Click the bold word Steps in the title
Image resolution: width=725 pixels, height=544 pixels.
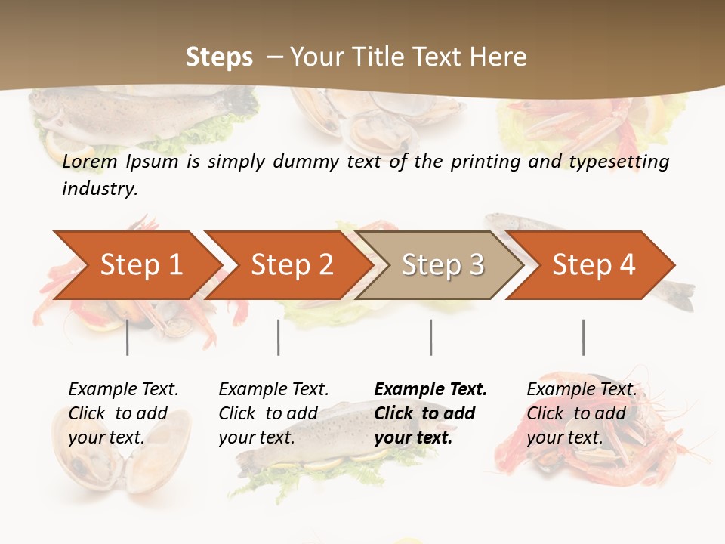click(x=219, y=57)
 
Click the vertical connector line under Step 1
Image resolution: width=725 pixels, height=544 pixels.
click(x=127, y=337)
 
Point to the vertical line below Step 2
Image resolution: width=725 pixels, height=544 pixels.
click(x=279, y=337)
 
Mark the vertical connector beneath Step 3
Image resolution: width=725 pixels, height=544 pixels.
click(x=430, y=337)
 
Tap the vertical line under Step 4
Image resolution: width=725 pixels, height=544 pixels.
click(x=583, y=337)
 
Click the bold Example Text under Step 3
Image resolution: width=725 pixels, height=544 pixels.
click(x=430, y=390)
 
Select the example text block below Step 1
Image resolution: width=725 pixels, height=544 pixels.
click(x=123, y=413)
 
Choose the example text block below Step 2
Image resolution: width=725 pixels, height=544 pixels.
click(x=273, y=413)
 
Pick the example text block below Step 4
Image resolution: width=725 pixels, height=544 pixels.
click(x=582, y=413)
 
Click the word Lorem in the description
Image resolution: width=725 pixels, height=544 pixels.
click(x=90, y=162)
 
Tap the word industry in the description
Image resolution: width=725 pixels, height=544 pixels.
click(x=99, y=189)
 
